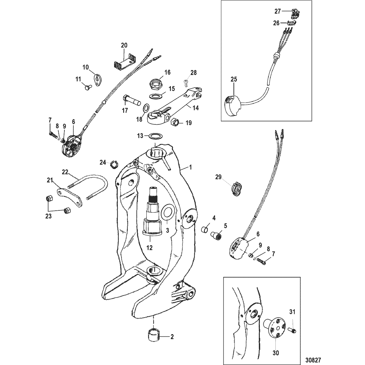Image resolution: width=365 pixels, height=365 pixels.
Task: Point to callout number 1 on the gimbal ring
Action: [x=190, y=168]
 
